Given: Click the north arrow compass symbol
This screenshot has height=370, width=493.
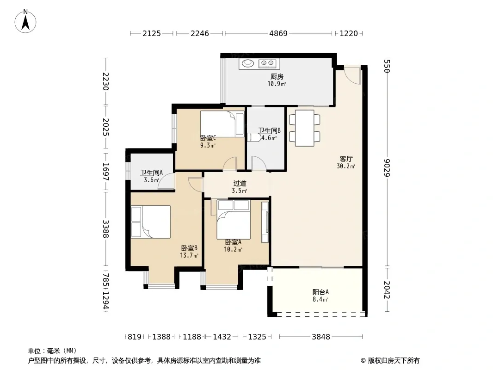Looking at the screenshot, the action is point(25,21).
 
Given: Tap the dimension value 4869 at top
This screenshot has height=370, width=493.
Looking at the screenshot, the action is point(278,33).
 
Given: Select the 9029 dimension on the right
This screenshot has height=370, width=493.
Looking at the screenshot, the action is point(387,168).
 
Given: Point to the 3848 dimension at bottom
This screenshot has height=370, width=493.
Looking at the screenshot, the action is point(320,337).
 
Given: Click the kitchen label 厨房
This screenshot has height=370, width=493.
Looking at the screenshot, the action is point(277,76).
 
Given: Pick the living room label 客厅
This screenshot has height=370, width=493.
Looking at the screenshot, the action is point(346,159).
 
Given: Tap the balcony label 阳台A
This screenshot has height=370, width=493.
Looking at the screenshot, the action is point(320,292).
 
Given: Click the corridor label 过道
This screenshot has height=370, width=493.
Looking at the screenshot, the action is point(240,183).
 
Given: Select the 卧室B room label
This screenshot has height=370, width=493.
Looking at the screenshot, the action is point(189,248).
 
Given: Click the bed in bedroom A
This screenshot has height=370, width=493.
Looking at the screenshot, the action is point(234,220).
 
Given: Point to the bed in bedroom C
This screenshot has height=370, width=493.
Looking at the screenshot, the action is point(222,124).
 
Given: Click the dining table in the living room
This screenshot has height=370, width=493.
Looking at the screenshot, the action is point(304,128).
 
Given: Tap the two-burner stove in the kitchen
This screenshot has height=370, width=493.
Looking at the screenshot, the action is point(267,64).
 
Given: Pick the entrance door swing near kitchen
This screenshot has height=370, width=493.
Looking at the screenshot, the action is point(352,75).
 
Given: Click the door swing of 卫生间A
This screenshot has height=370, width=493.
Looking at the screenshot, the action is point(166,181).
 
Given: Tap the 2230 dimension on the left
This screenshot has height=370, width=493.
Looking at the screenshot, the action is point(105,81).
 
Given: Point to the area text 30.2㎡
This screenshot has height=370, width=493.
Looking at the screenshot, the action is point(346,166).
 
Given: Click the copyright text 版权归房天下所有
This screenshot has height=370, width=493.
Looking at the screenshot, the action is point(394,361).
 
